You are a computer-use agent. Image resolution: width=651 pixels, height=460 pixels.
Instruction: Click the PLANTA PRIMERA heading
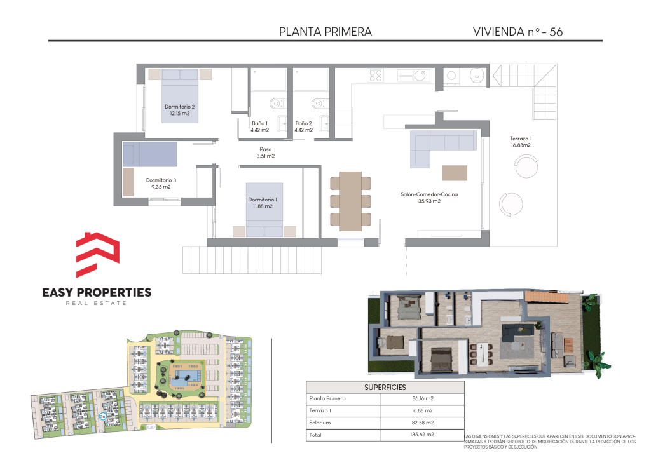[x=325, y=32]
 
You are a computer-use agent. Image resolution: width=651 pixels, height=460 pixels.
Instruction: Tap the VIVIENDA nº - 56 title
[x=517, y=32]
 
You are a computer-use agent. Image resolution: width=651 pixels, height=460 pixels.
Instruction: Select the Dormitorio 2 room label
[x=179, y=110]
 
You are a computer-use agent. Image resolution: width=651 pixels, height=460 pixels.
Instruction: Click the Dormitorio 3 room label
[x=161, y=184]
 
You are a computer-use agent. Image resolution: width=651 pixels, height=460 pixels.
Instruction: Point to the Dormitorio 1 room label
[x=263, y=203]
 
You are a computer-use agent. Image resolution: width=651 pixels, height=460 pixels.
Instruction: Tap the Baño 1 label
[x=259, y=126]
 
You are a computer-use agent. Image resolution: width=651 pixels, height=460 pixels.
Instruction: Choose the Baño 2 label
[x=303, y=126]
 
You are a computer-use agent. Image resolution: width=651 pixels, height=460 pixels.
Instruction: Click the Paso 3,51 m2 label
[x=265, y=152]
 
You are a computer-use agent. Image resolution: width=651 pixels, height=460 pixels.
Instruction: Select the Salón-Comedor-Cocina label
[x=429, y=194]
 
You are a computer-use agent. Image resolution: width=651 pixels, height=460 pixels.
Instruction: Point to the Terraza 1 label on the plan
[x=521, y=139]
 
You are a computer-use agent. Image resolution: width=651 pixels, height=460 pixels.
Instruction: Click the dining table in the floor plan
[x=351, y=201]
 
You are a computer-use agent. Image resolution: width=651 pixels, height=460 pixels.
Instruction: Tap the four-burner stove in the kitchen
[x=375, y=76]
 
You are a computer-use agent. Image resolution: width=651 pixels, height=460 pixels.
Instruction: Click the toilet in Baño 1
[x=276, y=104]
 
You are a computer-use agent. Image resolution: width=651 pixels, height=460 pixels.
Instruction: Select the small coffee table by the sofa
[x=455, y=173]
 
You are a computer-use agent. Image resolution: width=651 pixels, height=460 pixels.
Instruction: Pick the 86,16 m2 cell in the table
[x=423, y=398]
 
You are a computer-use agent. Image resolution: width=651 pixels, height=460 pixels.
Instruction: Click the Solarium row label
[x=320, y=423]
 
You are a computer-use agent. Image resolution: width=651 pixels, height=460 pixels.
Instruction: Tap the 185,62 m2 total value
[x=422, y=435]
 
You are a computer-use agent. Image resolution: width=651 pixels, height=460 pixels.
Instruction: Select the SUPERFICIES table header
[x=385, y=388]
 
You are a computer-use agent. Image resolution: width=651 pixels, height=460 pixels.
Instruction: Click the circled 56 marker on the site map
[x=102, y=416]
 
